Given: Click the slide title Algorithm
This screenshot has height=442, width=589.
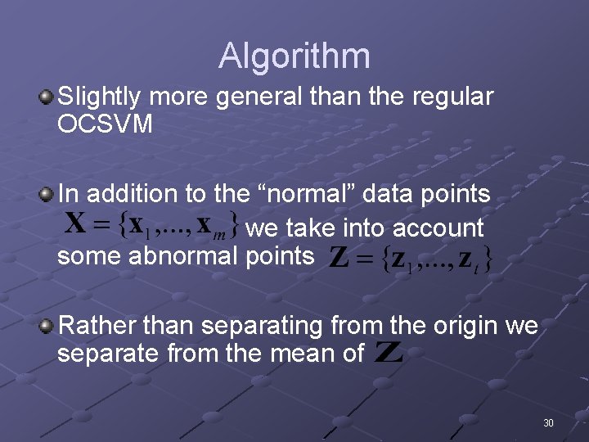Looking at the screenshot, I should pyautogui.click(x=294, y=56).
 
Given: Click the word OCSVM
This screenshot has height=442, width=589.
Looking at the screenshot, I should pyautogui.click(x=106, y=124).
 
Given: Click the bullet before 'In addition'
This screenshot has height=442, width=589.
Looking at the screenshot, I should pyautogui.click(x=47, y=195).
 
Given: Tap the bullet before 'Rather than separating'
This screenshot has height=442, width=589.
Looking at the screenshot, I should pyautogui.click(x=47, y=327).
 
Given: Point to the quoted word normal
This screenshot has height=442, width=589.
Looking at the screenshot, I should pyautogui.click(x=312, y=194).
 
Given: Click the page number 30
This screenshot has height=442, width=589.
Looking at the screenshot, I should pyautogui.click(x=548, y=423).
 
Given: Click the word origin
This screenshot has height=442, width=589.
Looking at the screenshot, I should pyautogui.click(x=460, y=326).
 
